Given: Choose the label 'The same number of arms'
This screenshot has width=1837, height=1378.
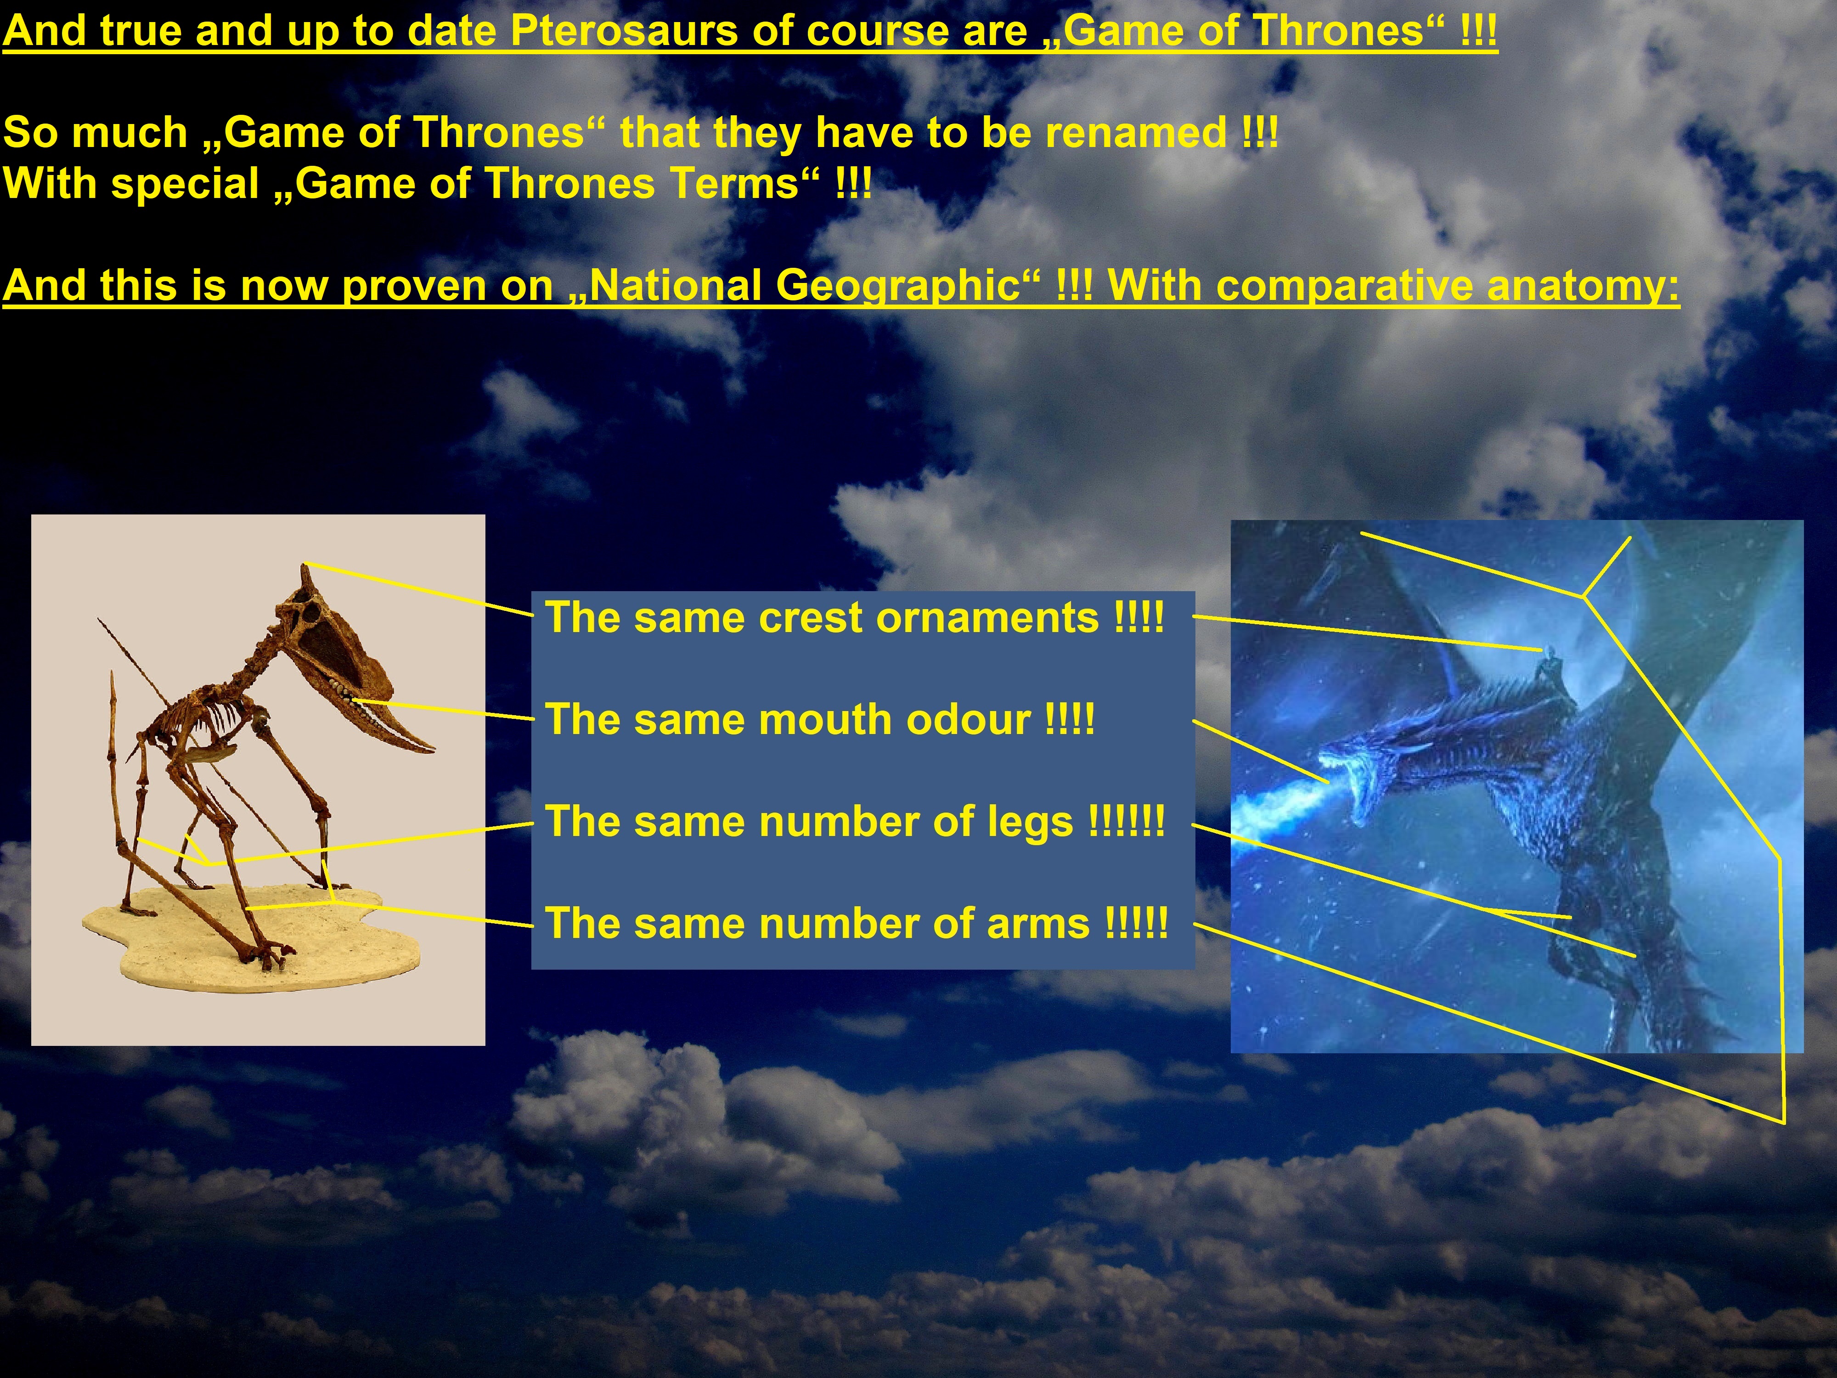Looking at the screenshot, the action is (856, 923).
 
